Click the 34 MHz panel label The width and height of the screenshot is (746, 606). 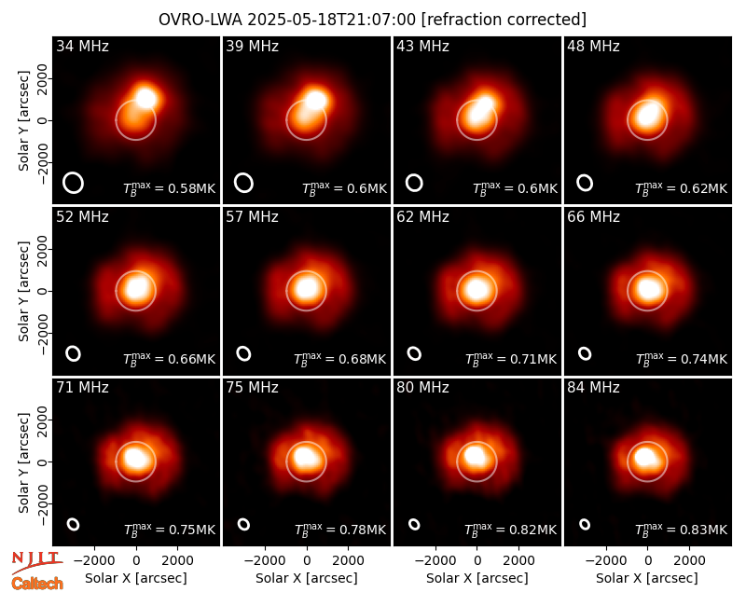[x=82, y=46]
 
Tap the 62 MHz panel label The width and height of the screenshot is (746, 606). [x=423, y=217]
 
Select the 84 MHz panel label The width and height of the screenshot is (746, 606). [x=593, y=388]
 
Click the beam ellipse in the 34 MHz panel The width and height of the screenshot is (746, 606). [x=74, y=183]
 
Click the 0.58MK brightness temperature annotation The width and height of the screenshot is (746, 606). [x=170, y=188]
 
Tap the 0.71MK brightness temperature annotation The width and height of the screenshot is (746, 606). [x=510, y=359]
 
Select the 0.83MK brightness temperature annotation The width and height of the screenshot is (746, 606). [x=682, y=530]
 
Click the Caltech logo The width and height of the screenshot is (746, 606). [x=37, y=584]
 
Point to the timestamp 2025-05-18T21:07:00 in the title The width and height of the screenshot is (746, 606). [x=332, y=20]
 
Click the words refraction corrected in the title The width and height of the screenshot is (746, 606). [x=504, y=20]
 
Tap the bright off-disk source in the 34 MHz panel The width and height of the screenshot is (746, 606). [x=146, y=98]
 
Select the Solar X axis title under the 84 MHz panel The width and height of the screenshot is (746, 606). [x=647, y=578]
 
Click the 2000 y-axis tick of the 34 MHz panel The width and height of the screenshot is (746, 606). [x=43, y=78]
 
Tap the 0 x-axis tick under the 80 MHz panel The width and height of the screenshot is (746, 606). [x=477, y=560]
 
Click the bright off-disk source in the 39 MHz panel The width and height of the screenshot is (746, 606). [x=315, y=100]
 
